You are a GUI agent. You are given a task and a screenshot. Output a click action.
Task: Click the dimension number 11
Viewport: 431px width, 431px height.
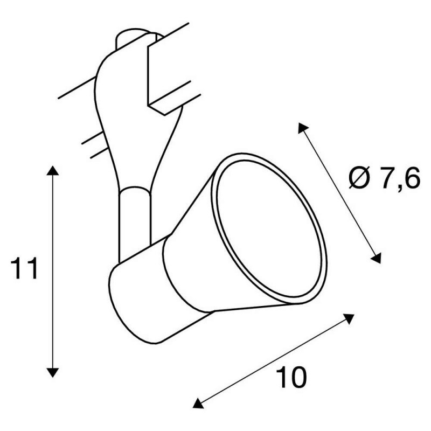coord(24,268)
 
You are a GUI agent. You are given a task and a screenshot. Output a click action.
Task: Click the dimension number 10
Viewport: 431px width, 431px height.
coord(291,377)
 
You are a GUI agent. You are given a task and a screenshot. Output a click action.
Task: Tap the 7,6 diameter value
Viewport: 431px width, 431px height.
coord(400,178)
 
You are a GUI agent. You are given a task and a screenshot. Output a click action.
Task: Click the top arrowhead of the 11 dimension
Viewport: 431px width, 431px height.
coord(52,170)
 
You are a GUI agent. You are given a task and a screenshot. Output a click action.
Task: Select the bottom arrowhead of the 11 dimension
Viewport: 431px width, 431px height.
coord(52,373)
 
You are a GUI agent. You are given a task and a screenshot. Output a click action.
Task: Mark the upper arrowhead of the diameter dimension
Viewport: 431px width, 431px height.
coord(303,128)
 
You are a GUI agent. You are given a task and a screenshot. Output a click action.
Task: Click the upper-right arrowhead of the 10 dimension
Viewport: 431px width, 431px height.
coord(349,318)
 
